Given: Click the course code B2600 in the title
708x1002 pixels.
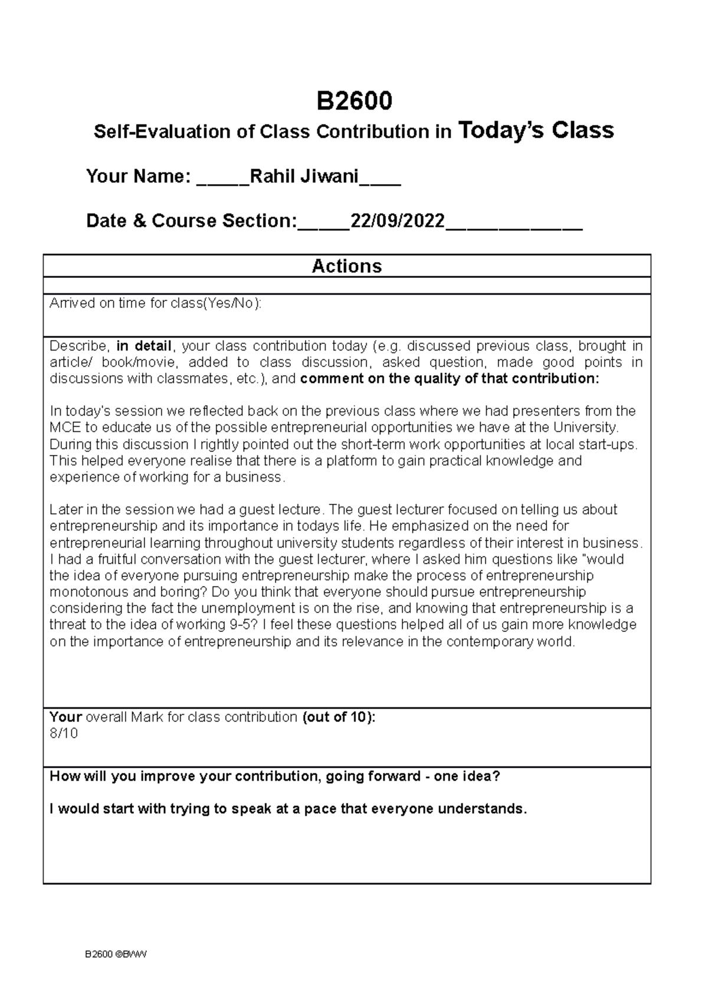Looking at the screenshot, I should point(354,101).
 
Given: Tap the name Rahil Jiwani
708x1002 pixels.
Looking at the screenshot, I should point(304,176).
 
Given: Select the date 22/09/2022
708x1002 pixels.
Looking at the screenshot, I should point(398,221).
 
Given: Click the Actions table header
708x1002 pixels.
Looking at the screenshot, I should point(347,266).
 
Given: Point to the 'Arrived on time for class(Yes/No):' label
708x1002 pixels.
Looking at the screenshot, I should point(155,303).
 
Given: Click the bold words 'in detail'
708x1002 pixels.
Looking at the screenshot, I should point(144,346).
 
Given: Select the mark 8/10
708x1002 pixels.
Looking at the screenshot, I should point(64,734).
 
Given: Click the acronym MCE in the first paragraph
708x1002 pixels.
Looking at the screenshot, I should point(63,427).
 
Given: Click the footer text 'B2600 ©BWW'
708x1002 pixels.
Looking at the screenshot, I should point(114,955).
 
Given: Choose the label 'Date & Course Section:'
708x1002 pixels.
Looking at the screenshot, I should point(191,221).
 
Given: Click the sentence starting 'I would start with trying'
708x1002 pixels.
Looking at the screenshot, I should point(288,808).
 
